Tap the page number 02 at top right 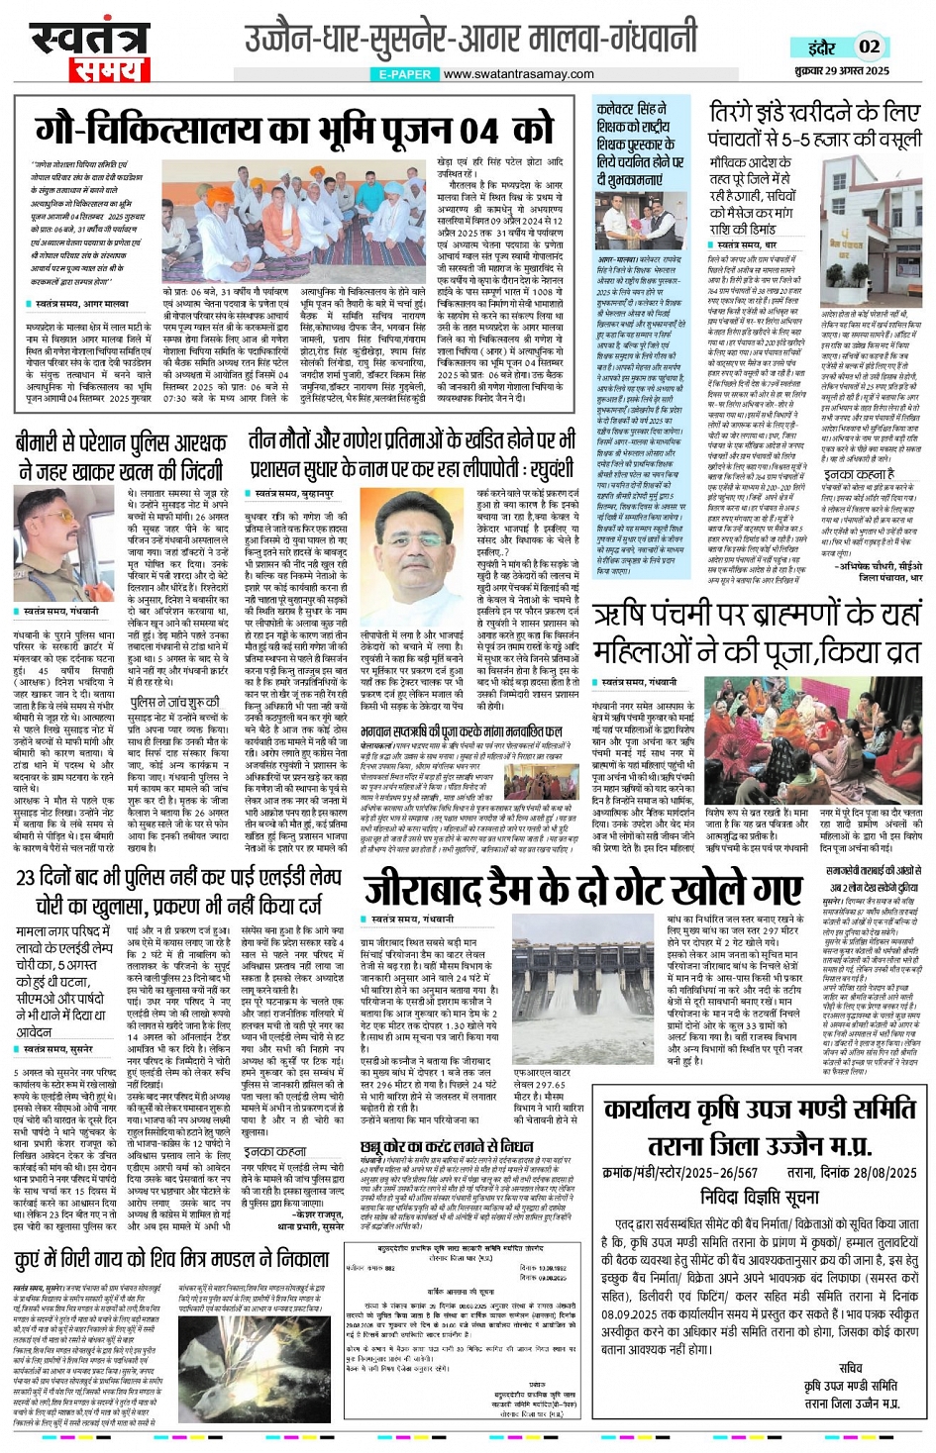870,47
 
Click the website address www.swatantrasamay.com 518,73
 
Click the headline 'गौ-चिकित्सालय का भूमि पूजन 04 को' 295,130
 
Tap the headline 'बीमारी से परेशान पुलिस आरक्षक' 121,441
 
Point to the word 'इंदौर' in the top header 821,48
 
